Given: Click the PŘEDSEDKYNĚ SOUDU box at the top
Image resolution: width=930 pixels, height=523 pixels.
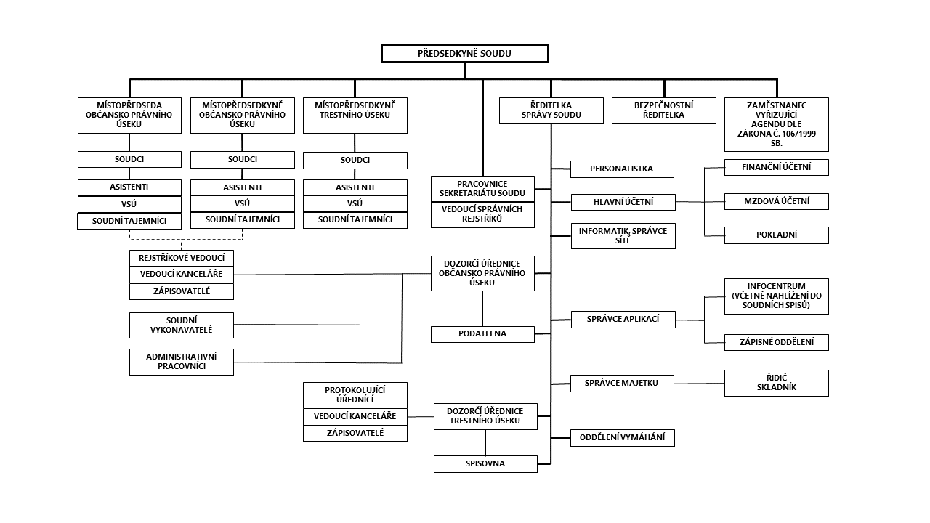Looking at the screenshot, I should (465, 54).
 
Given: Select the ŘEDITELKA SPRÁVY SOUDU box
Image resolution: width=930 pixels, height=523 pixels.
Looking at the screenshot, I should (551, 110).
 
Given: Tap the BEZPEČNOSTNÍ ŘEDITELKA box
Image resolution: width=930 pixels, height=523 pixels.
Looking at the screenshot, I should (663, 110).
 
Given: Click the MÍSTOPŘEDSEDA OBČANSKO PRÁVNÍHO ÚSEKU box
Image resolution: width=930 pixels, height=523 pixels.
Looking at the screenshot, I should (129, 115).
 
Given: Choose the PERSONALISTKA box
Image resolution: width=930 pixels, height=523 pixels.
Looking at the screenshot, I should (622, 169).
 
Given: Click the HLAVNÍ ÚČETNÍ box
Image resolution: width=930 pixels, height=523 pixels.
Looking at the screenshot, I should (623, 201).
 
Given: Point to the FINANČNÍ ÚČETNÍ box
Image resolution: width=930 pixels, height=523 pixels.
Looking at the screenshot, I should (776, 167).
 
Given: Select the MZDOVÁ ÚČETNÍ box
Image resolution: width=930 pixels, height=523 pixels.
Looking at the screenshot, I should (776, 201).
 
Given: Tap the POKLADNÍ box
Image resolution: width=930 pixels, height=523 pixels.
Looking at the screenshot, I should (776, 235).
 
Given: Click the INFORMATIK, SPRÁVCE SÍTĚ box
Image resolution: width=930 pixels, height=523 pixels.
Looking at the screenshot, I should (623, 235).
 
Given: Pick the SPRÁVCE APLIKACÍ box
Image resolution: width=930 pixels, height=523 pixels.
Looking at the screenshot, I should (623, 319).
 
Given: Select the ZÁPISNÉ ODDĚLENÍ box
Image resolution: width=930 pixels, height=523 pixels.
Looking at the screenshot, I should (776, 342).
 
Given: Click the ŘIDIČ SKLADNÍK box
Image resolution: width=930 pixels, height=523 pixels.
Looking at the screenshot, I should (776, 383).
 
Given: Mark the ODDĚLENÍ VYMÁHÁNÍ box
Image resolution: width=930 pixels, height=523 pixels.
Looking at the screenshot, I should (623, 438).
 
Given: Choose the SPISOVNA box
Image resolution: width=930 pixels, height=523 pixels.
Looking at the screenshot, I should (485, 463).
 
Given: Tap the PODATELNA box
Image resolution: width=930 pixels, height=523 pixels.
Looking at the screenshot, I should (482, 334).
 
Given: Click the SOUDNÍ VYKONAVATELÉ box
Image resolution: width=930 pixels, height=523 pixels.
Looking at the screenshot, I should (182, 325).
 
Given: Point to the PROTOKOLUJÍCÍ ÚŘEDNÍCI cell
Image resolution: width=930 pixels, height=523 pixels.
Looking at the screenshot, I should (355, 394).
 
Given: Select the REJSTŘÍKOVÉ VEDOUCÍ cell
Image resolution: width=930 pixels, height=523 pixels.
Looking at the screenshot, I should (182, 258).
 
